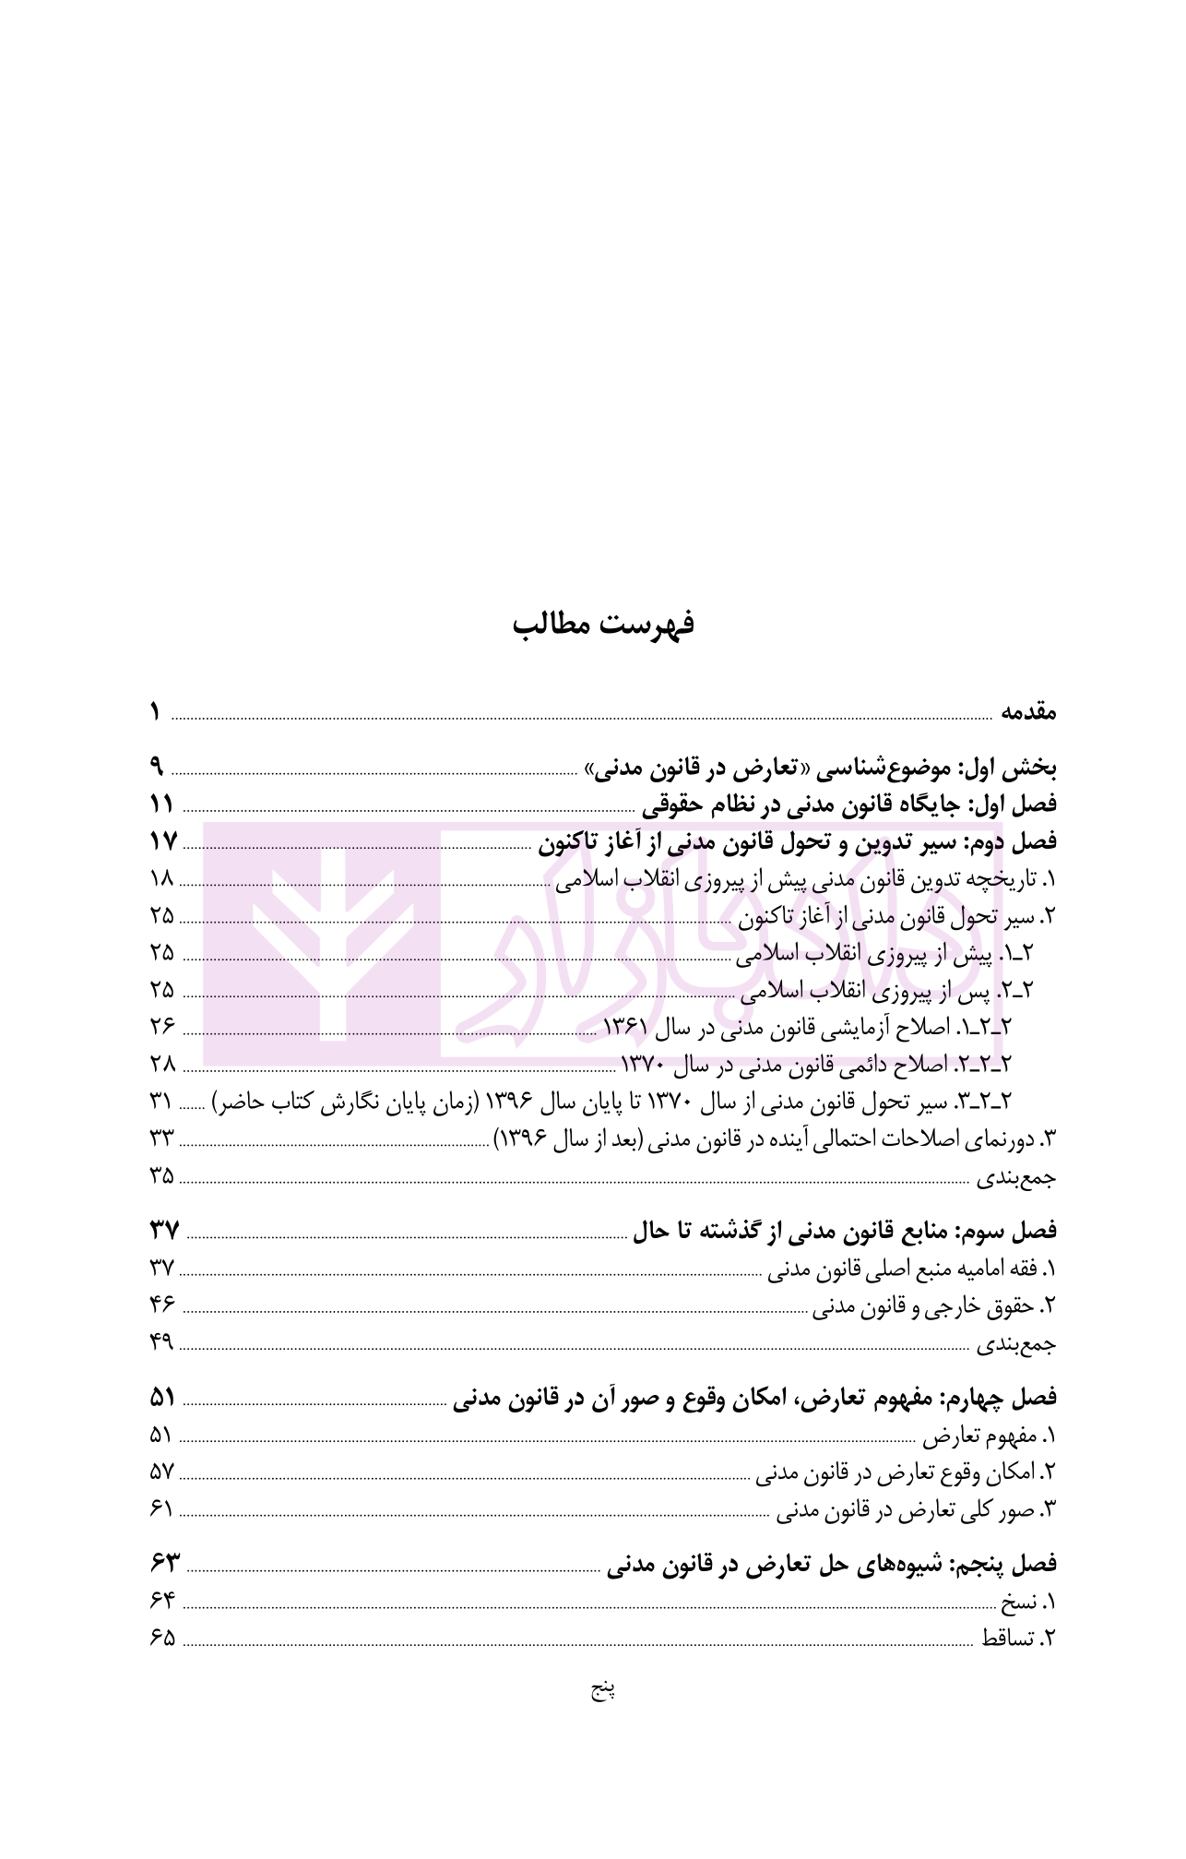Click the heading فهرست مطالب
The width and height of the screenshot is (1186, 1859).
(x=603, y=625)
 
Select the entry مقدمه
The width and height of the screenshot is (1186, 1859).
(x=1028, y=713)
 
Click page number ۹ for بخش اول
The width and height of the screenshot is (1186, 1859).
(x=157, y=767)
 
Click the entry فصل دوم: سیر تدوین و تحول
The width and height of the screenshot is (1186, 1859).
(x=798, y=842)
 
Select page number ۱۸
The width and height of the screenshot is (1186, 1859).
(x=161, y=879)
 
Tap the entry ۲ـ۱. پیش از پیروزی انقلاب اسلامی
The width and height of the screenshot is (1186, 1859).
(x=885, y=955)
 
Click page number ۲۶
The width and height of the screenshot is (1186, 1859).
(x=162, y=1027)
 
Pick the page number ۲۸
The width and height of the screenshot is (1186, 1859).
(x=162, y=1065)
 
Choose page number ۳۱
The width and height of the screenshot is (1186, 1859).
(x=162, y=1102)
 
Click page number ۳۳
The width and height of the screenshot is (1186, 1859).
(x=162, y=1138)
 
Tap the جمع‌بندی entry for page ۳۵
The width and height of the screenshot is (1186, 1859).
(x=1016, y=1178)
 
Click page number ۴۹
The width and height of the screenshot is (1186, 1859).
(x=162, y=1342)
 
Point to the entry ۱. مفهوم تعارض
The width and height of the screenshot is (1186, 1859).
(x=990, y=1436)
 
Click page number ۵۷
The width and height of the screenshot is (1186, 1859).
(x=162, y=1472)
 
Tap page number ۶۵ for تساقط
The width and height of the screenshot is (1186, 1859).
(x=162, y=1639)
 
